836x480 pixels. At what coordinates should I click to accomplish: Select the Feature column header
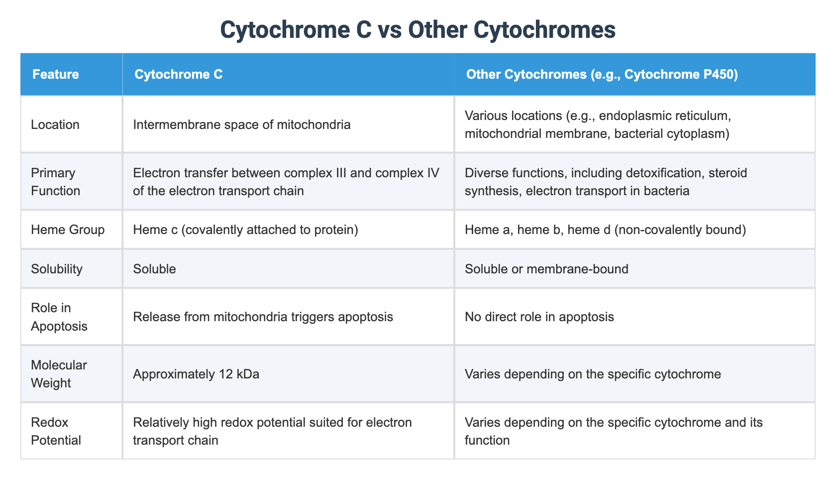[x=55, y=75]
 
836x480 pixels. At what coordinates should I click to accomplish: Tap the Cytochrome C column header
[x=178, y=75]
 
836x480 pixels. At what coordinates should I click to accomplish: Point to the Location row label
[x=55, y=124]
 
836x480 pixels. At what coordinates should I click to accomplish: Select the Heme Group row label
[x=68, y=230]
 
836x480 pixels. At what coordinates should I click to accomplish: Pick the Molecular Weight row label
[x=59, y=374]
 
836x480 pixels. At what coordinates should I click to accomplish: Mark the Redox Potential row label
[x=56, y=431]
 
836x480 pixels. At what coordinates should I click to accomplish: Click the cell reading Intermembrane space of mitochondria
[x=242, y=124]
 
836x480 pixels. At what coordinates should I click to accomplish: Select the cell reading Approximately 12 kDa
[x=196, y=374]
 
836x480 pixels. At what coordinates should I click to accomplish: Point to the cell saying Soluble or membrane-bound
[x=546, y=269]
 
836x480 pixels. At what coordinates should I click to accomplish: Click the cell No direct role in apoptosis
[x=539, y=317]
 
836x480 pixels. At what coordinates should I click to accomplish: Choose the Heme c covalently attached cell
[x=246, y=230]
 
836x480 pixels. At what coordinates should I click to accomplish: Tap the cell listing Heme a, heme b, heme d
[x=605, y=230]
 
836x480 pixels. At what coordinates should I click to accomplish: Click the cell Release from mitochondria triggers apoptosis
[x=263, y=317]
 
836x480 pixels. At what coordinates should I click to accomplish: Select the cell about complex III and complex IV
[x=286, y=182]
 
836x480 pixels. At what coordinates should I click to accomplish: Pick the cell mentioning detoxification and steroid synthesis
[x=606, y=182]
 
